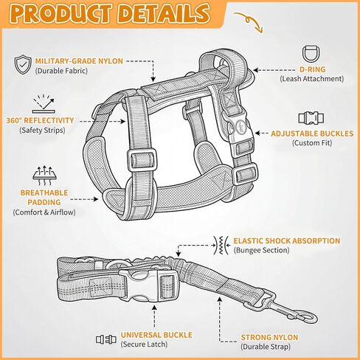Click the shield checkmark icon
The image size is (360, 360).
23,64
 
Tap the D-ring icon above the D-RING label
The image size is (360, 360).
311,54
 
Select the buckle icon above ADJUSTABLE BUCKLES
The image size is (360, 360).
311,118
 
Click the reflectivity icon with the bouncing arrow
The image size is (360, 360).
44,104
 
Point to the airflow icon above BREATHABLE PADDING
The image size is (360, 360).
45,176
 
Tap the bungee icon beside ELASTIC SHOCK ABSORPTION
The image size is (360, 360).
221,245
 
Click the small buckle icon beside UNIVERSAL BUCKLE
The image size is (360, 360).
106,339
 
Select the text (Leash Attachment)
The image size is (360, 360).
312,79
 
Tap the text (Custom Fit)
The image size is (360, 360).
312,143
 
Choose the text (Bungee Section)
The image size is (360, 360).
261,250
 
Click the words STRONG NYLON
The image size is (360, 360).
269,337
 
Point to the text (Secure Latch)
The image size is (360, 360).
144,345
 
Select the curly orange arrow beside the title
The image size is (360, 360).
249,22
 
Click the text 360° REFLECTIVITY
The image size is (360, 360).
40,120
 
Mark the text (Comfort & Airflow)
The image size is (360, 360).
44,212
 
